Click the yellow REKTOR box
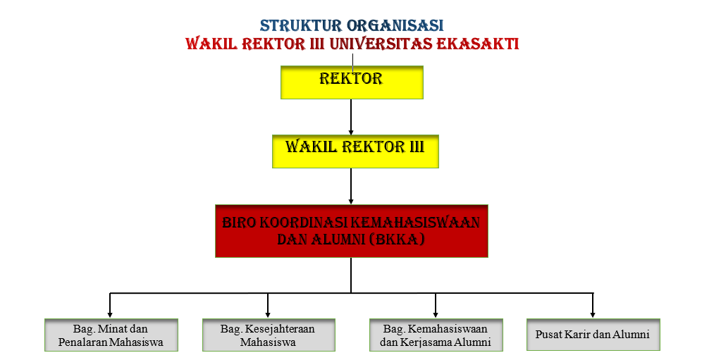352,82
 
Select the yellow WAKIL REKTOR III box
355,151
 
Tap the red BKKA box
352,231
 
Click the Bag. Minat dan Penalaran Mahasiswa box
111,335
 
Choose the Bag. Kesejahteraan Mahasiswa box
269,335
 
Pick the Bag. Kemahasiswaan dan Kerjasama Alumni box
436,335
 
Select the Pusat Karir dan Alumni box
593,335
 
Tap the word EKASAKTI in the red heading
477,44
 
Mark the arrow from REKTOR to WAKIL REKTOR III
351,117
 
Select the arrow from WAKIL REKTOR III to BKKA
351,186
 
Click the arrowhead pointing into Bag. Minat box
110,315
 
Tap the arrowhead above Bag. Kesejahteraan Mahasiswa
268,315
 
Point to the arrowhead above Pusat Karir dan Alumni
593,315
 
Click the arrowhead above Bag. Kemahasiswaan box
436,315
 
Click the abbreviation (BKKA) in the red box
397,240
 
